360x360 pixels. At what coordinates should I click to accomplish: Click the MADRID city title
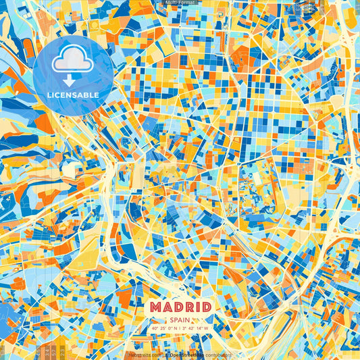tap(180, 307)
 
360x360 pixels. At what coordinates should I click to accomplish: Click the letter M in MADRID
tap(157, 307)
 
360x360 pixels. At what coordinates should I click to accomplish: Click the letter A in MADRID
tap(168, 307)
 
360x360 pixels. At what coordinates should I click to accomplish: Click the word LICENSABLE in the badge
tap(73, 95)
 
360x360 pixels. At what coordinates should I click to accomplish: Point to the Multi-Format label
tap(180, 3)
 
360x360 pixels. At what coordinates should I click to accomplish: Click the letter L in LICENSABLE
tap(49, 95)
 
